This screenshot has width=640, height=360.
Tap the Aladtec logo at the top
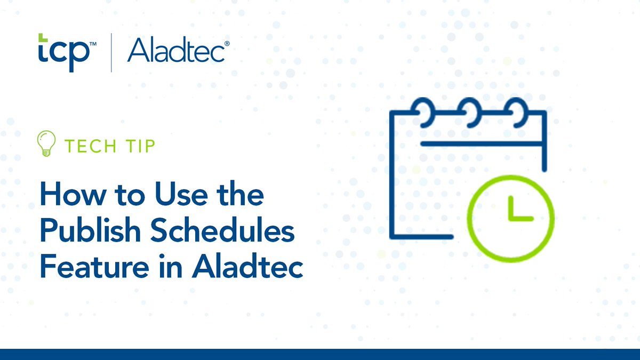[175, 51]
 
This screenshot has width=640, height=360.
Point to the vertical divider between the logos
[111, 52]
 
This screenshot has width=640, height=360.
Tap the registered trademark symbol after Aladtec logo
[227, 45]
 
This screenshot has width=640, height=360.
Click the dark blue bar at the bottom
[320, 354]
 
